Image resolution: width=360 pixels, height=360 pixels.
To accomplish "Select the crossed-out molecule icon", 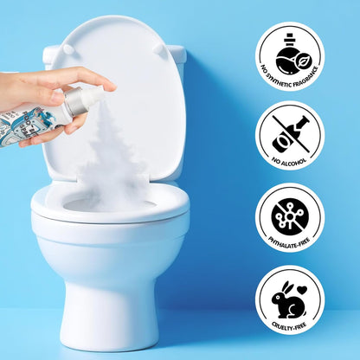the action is click(x=290, y=216).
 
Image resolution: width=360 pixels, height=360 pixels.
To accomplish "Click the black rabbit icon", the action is click(x=286, y=300).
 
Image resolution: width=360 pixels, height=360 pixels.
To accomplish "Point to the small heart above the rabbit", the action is click(x=302, y=288).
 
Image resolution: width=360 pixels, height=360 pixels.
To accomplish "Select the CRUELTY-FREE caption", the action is click(x=289, y=326).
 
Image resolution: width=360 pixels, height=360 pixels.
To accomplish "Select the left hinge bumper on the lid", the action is click(x=68, y=48).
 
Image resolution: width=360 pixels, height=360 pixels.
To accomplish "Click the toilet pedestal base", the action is click(x=112, y=305).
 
